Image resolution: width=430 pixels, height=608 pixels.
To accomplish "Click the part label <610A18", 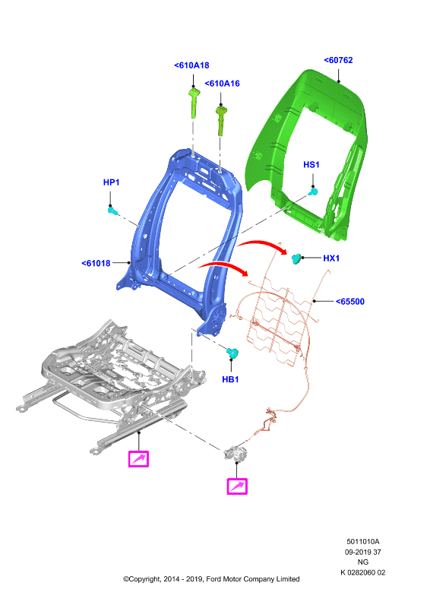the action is coord(191,65).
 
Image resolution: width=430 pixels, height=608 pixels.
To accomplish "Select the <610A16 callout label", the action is coord(222,84).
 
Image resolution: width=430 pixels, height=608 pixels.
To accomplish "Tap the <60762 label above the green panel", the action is coord(338,60).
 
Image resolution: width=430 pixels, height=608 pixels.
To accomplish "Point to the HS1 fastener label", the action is coord(311,165).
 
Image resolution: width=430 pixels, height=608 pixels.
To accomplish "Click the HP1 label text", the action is coord(111,182).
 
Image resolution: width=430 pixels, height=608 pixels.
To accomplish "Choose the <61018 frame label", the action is coord(96,263).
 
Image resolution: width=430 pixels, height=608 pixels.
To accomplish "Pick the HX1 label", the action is coord(331,258).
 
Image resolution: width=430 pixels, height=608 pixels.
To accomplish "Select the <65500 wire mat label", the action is coord(350,302).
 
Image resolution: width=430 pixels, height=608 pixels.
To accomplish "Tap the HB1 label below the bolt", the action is coord(230,379).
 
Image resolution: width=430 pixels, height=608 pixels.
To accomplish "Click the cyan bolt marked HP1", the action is coord(112,211).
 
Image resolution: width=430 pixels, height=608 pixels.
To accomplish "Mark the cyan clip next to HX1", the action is coord(296,258).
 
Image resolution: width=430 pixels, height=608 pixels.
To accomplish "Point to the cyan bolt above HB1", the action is coord(232,353).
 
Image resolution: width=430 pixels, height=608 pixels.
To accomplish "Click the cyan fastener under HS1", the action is coord(313,192).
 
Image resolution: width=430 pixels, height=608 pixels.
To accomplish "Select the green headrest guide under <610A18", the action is coord(194,103).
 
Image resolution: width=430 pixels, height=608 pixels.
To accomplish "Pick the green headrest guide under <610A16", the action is coord(221,121).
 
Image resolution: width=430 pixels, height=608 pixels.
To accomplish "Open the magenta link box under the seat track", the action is coord(138,459).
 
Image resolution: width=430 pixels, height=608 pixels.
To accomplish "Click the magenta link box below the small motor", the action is coord(237,486).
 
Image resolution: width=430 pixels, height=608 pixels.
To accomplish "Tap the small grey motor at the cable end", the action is coord(236,453).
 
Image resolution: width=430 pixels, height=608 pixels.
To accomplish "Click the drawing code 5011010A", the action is coord(363,542).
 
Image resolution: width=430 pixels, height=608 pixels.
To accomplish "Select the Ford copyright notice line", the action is coord(211,579).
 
